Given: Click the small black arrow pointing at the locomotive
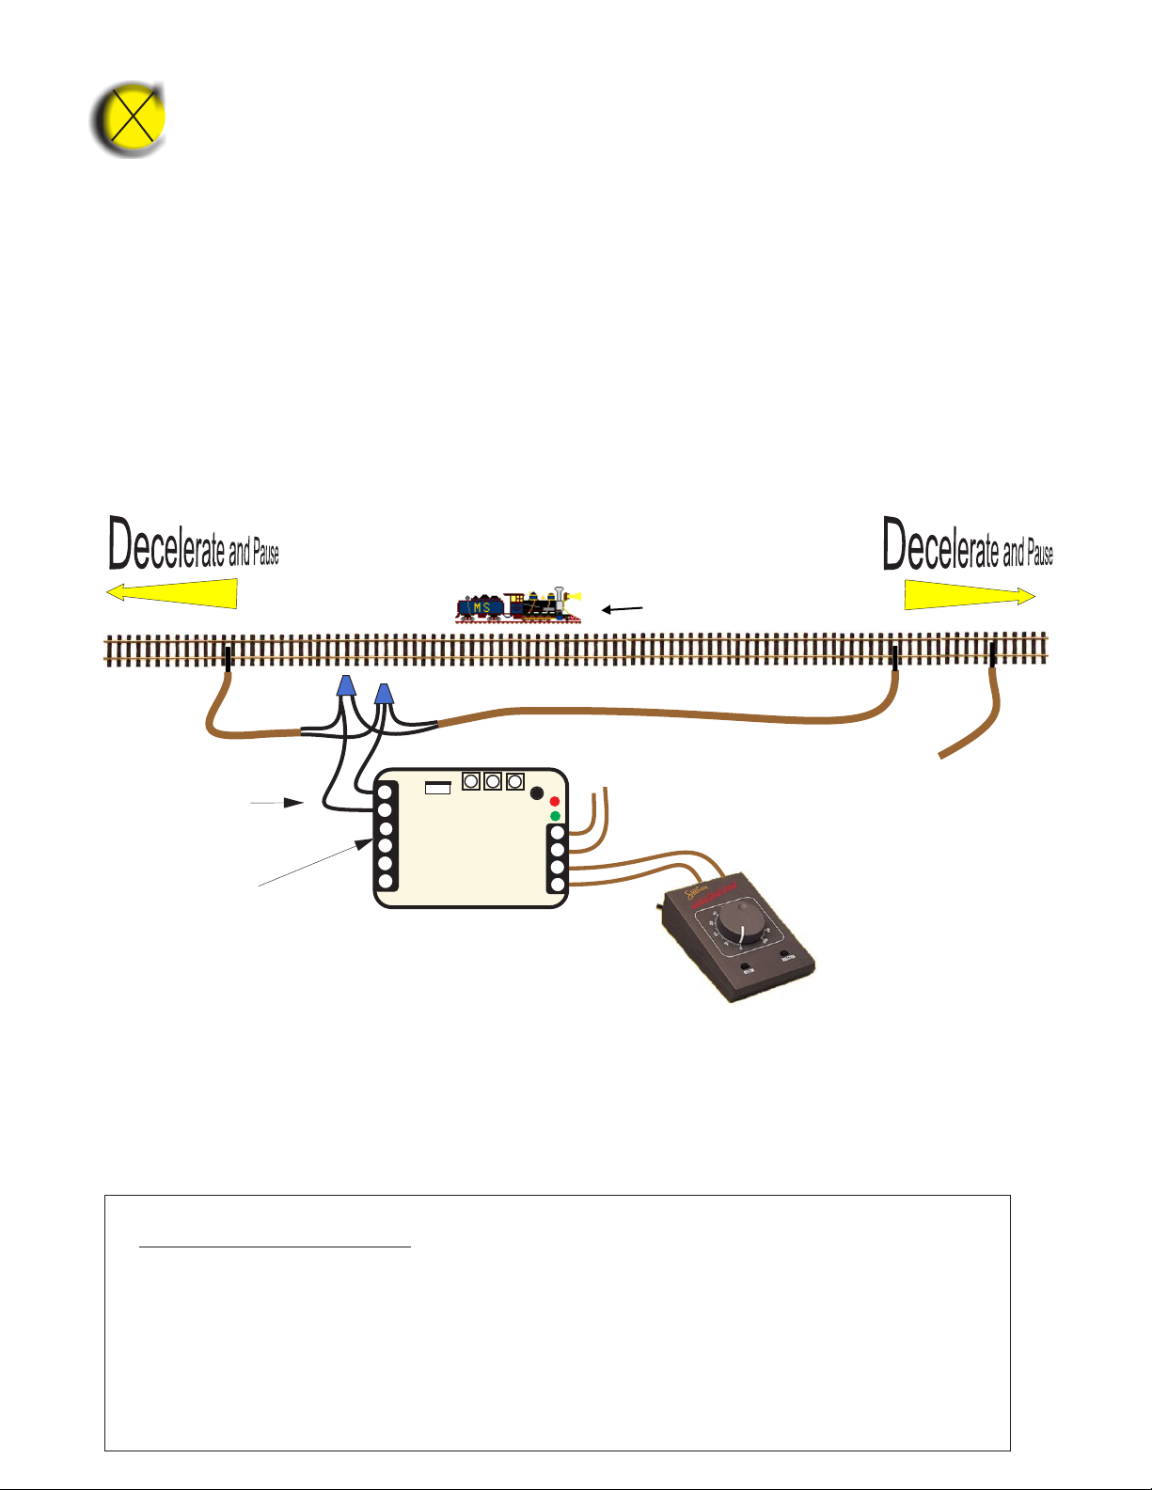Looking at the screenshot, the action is (x=623, y=609).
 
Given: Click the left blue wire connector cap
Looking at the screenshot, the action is (x=346, y=686).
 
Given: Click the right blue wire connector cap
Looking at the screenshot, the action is (x=384, y=694).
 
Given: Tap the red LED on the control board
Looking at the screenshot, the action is (x=555, y=802).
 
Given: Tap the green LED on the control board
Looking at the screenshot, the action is (x=555, y=816).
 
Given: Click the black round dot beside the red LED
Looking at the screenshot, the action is (x=537, y=793).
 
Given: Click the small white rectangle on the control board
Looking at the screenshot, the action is (x=438, y=788).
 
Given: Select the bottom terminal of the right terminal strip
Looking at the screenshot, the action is (x=558, y=885).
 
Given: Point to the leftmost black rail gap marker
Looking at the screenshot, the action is (x=228, y=658).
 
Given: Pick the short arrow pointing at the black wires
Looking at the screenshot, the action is (x=276, y=804).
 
